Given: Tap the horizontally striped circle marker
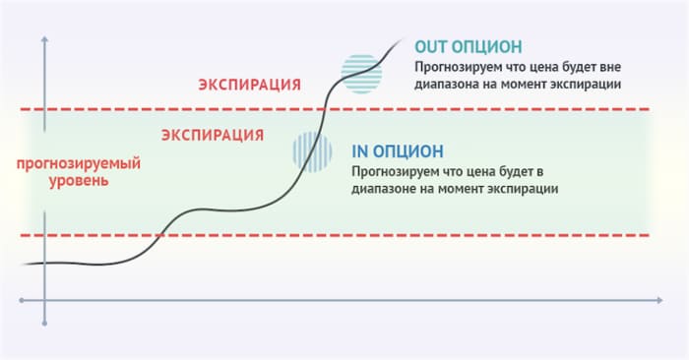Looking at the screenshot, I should (357, 72).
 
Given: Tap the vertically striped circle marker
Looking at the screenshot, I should (310, 150).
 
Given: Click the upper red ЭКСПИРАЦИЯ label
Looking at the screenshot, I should (249, 84).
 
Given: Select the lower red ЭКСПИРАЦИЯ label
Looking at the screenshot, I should (212, 134).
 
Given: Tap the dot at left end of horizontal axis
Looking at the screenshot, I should (22, 298).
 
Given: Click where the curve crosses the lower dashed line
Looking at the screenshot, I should (160, 236).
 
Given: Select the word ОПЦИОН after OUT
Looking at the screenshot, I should (488, 46).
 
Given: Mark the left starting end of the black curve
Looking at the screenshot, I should (22, 264).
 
